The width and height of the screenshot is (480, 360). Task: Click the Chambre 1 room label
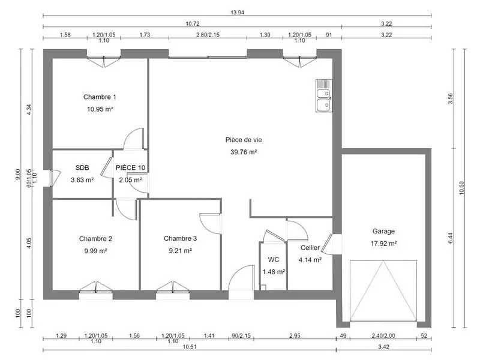100,97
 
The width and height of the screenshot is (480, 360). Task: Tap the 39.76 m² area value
244,152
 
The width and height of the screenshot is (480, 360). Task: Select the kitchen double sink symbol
323,97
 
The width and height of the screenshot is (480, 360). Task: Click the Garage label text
383,231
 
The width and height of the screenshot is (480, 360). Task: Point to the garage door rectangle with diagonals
383,290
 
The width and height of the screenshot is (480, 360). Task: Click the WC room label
274,260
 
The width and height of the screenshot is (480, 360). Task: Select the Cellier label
310,248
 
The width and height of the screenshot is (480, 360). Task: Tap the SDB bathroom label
82,168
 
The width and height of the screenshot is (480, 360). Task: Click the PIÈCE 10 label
130,168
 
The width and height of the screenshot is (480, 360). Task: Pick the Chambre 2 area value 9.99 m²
95,251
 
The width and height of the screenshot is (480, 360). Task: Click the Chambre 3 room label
180,238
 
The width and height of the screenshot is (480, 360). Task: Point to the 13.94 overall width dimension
236,13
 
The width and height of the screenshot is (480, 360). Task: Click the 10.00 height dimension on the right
461,188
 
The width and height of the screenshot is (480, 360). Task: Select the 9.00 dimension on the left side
18,174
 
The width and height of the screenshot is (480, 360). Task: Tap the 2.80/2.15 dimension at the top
208,35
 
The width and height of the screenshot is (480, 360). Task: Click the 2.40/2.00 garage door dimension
383,336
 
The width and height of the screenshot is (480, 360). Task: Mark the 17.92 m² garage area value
384,244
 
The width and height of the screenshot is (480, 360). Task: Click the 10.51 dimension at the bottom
189,347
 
